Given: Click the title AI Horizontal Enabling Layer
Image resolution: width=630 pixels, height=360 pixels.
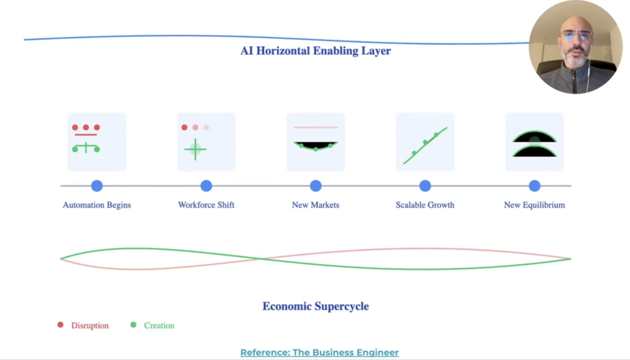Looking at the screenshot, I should (x=315, y=51).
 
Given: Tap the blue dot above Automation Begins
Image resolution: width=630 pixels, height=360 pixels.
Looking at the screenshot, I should (x=97, y=186).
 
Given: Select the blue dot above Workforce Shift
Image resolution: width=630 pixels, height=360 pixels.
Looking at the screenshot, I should (x=206, y=186).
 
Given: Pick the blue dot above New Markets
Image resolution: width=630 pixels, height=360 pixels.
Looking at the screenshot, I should (x=315, y=186).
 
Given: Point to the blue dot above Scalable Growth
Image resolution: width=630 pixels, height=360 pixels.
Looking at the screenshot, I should (x=425, y=186).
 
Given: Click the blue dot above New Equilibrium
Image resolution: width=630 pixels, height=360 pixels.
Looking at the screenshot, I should (x=534, y=186).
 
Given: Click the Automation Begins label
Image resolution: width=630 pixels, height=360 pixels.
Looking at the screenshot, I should (x=97, y=205).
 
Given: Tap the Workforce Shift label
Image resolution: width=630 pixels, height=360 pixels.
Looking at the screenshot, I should (x=206, y=205).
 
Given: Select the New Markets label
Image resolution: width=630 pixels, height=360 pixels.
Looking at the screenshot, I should (x=315, y=205).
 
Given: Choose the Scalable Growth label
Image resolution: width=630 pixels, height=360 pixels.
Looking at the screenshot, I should (x=425, y=205).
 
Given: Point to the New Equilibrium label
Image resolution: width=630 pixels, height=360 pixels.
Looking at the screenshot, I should (x=534, y=205).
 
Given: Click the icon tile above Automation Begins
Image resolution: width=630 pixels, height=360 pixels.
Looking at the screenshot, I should (x=97, y=142).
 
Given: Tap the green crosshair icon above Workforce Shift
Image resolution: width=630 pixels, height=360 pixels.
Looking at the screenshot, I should (x=196, y=149).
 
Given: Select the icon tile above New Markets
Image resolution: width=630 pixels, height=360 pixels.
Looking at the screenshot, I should (x=315, y=142).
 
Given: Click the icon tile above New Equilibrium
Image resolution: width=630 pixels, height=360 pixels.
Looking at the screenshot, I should (x=534, y=142).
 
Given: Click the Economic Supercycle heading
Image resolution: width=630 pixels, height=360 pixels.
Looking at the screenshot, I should (x=315, y=306).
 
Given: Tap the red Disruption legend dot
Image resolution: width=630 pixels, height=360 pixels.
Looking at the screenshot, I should (x=60, y=325).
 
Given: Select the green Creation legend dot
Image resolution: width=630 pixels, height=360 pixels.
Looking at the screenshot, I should (x=133, y=325).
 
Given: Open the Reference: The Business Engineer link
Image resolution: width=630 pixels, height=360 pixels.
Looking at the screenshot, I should (x=319, y=352).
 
